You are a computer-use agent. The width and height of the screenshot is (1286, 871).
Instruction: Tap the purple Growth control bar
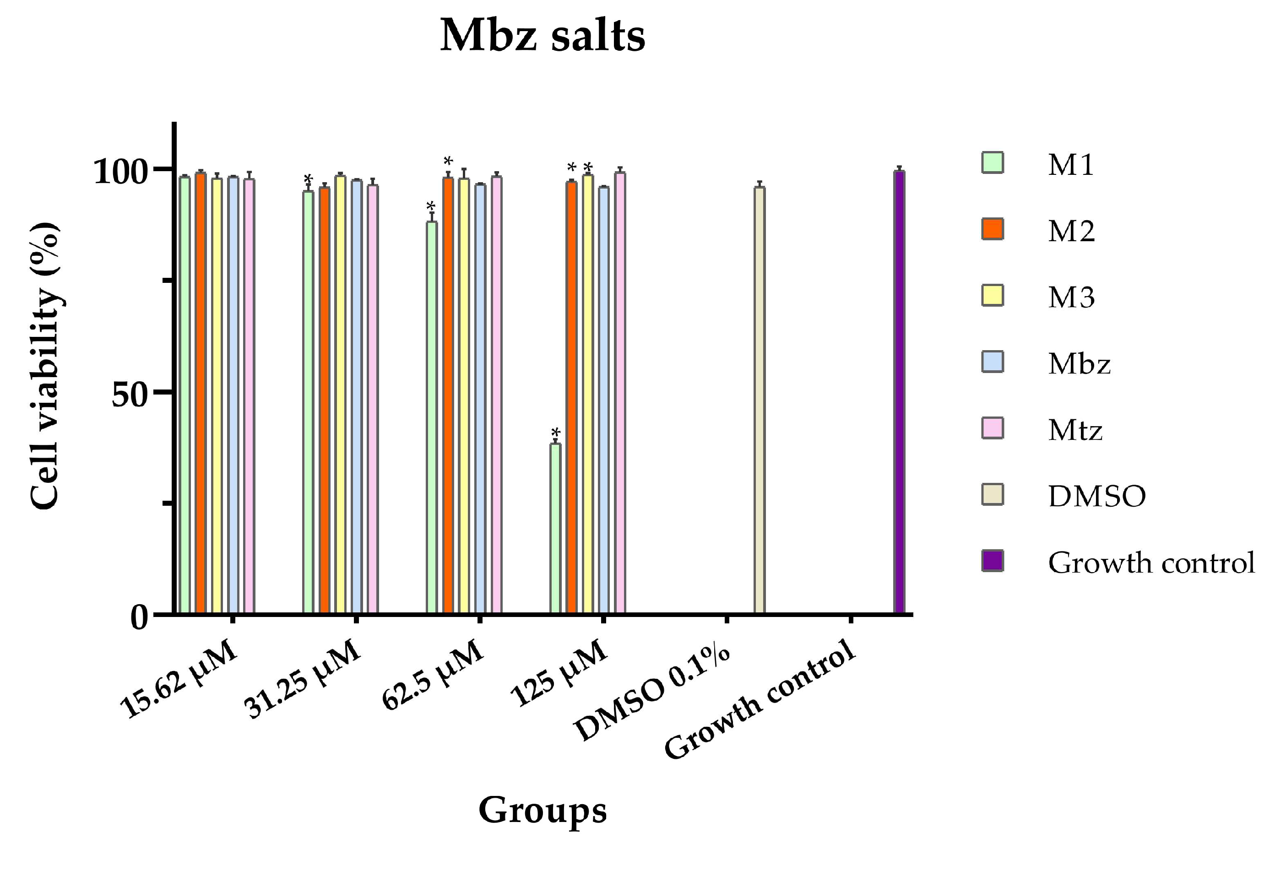point(899,393)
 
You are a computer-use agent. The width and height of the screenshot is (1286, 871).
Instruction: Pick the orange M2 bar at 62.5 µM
point(448,395)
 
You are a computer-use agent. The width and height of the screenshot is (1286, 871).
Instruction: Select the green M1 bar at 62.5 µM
point(432,418)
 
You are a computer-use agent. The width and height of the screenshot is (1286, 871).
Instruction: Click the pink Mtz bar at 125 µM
point(620,393)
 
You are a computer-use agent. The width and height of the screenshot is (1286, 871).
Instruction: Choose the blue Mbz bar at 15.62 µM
point(233,395)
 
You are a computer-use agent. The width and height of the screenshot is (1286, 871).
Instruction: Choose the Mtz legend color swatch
point(993,428)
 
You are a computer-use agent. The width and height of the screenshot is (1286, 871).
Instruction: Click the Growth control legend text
point(1151,563)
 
